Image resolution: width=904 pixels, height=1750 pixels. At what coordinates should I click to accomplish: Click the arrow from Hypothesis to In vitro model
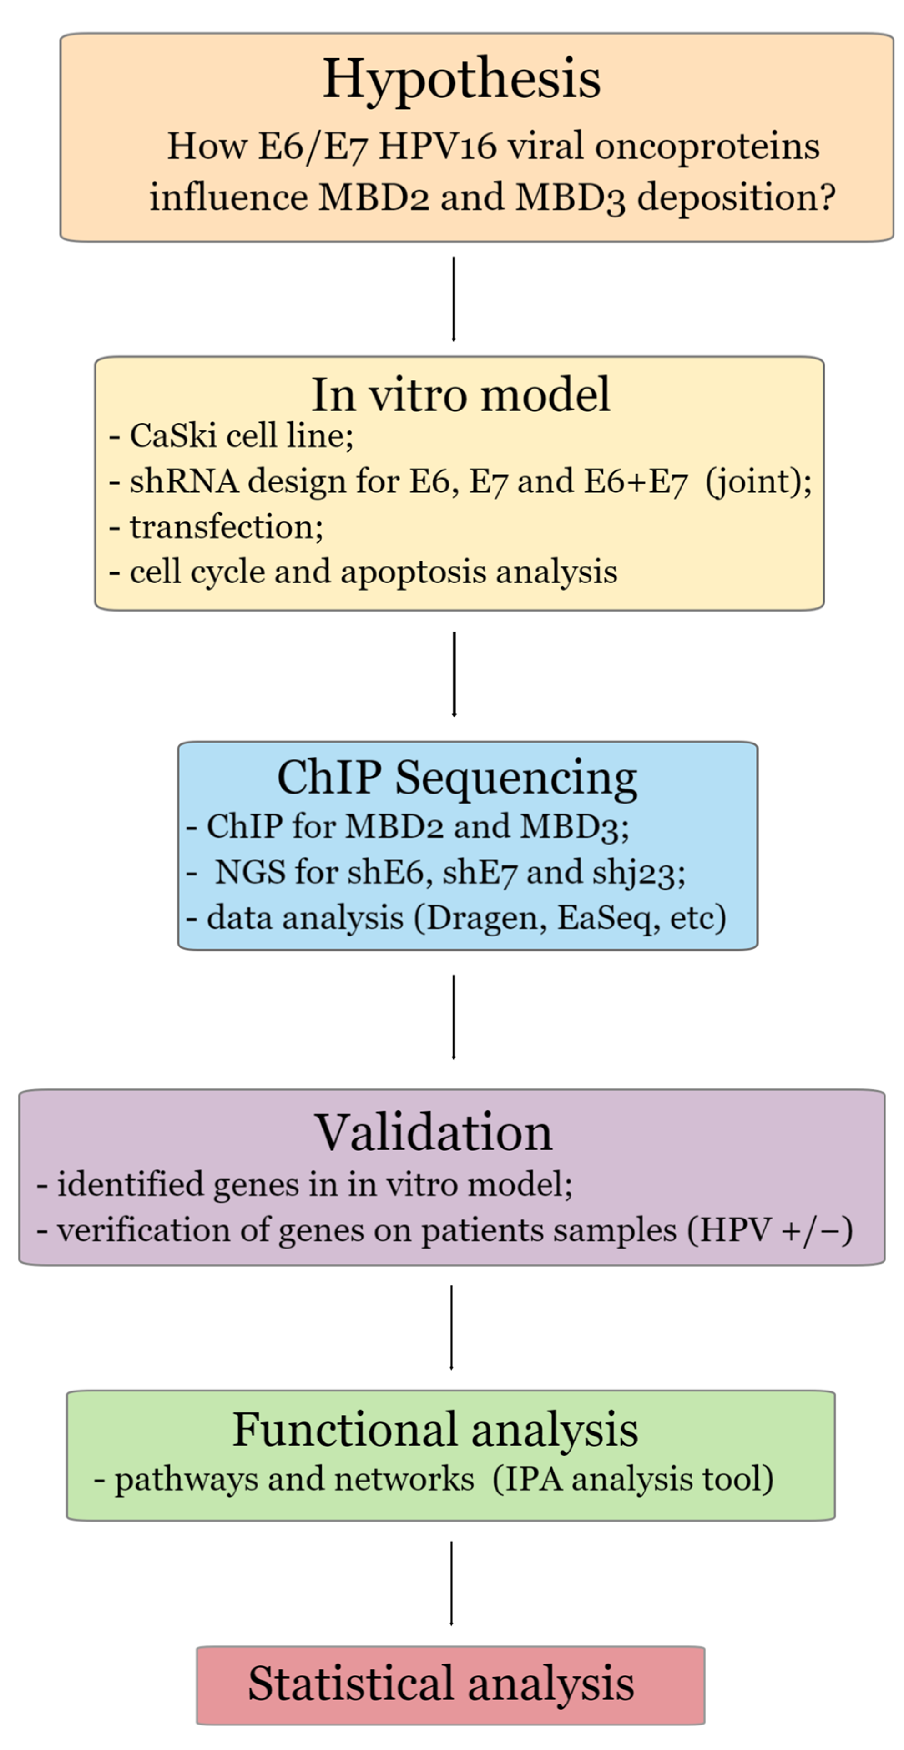coord(453,299)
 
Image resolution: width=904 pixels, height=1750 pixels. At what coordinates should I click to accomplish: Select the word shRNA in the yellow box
coord(184,482)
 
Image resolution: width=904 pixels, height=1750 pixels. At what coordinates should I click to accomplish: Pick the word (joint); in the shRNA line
coord(758,482)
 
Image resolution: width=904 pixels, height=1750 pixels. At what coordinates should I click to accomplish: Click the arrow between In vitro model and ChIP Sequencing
coord(454,674)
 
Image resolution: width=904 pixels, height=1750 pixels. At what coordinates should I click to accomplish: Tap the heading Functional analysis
coord(434,1430)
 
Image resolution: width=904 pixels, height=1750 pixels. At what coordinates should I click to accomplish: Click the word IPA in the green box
coord(534,1480)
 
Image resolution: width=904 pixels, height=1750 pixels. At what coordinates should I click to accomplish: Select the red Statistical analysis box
coord(450,1685)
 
